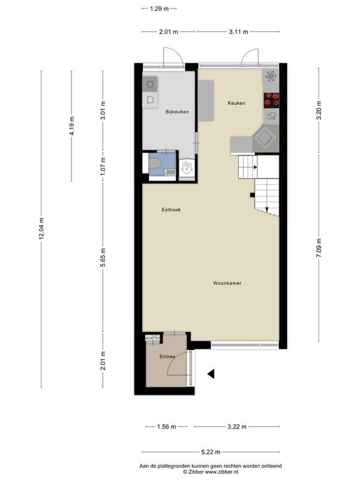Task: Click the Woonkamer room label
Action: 227,283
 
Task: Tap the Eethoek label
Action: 171,210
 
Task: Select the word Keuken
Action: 236,103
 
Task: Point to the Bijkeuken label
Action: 177,112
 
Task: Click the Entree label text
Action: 167,357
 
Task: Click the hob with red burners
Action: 271,98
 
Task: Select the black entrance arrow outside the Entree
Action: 211,374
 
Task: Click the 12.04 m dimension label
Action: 41,229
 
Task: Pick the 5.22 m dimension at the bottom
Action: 210,452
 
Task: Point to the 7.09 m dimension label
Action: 319,247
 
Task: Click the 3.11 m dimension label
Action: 238,32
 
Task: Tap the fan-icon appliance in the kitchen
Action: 271,76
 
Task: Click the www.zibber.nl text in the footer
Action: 224,472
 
